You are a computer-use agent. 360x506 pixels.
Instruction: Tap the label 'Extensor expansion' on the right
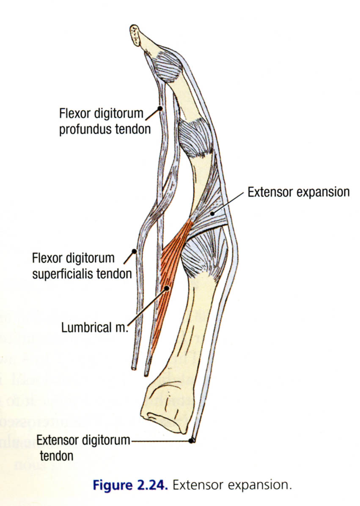point(299,192)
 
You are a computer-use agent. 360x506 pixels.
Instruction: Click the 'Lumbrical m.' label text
point(94,328)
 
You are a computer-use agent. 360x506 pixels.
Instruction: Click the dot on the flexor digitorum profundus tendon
point(160,109)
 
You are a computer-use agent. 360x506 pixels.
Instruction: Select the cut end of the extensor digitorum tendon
point(192,440)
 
